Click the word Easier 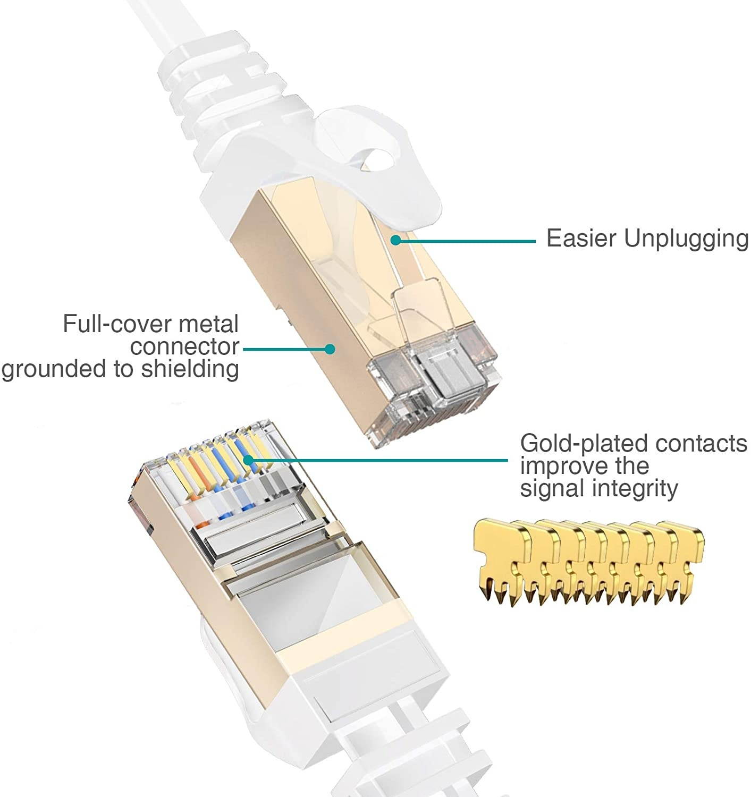point(581,239)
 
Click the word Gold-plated point(584,443)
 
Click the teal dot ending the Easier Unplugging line point(395,241)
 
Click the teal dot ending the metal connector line point(330,349)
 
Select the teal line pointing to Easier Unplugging point(468,241)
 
